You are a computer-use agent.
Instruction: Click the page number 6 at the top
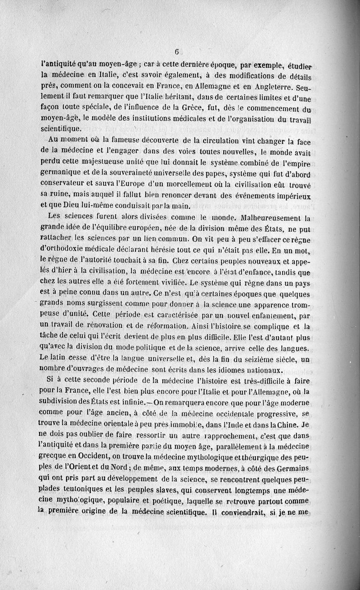178,51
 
